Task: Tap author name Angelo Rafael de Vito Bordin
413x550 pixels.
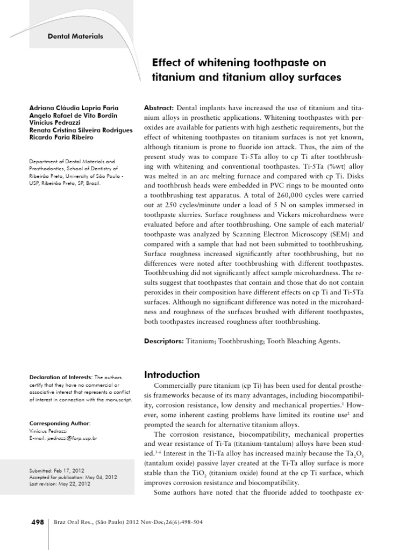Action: pos(73,115)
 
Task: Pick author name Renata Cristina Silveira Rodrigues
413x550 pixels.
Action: pos(81,130)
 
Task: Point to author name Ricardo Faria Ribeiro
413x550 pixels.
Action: pos(62,137)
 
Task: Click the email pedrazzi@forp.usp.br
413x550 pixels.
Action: pos(70,438)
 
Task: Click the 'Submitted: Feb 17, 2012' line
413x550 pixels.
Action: pos(59,471)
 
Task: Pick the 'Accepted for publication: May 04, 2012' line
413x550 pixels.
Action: pos(73,477)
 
